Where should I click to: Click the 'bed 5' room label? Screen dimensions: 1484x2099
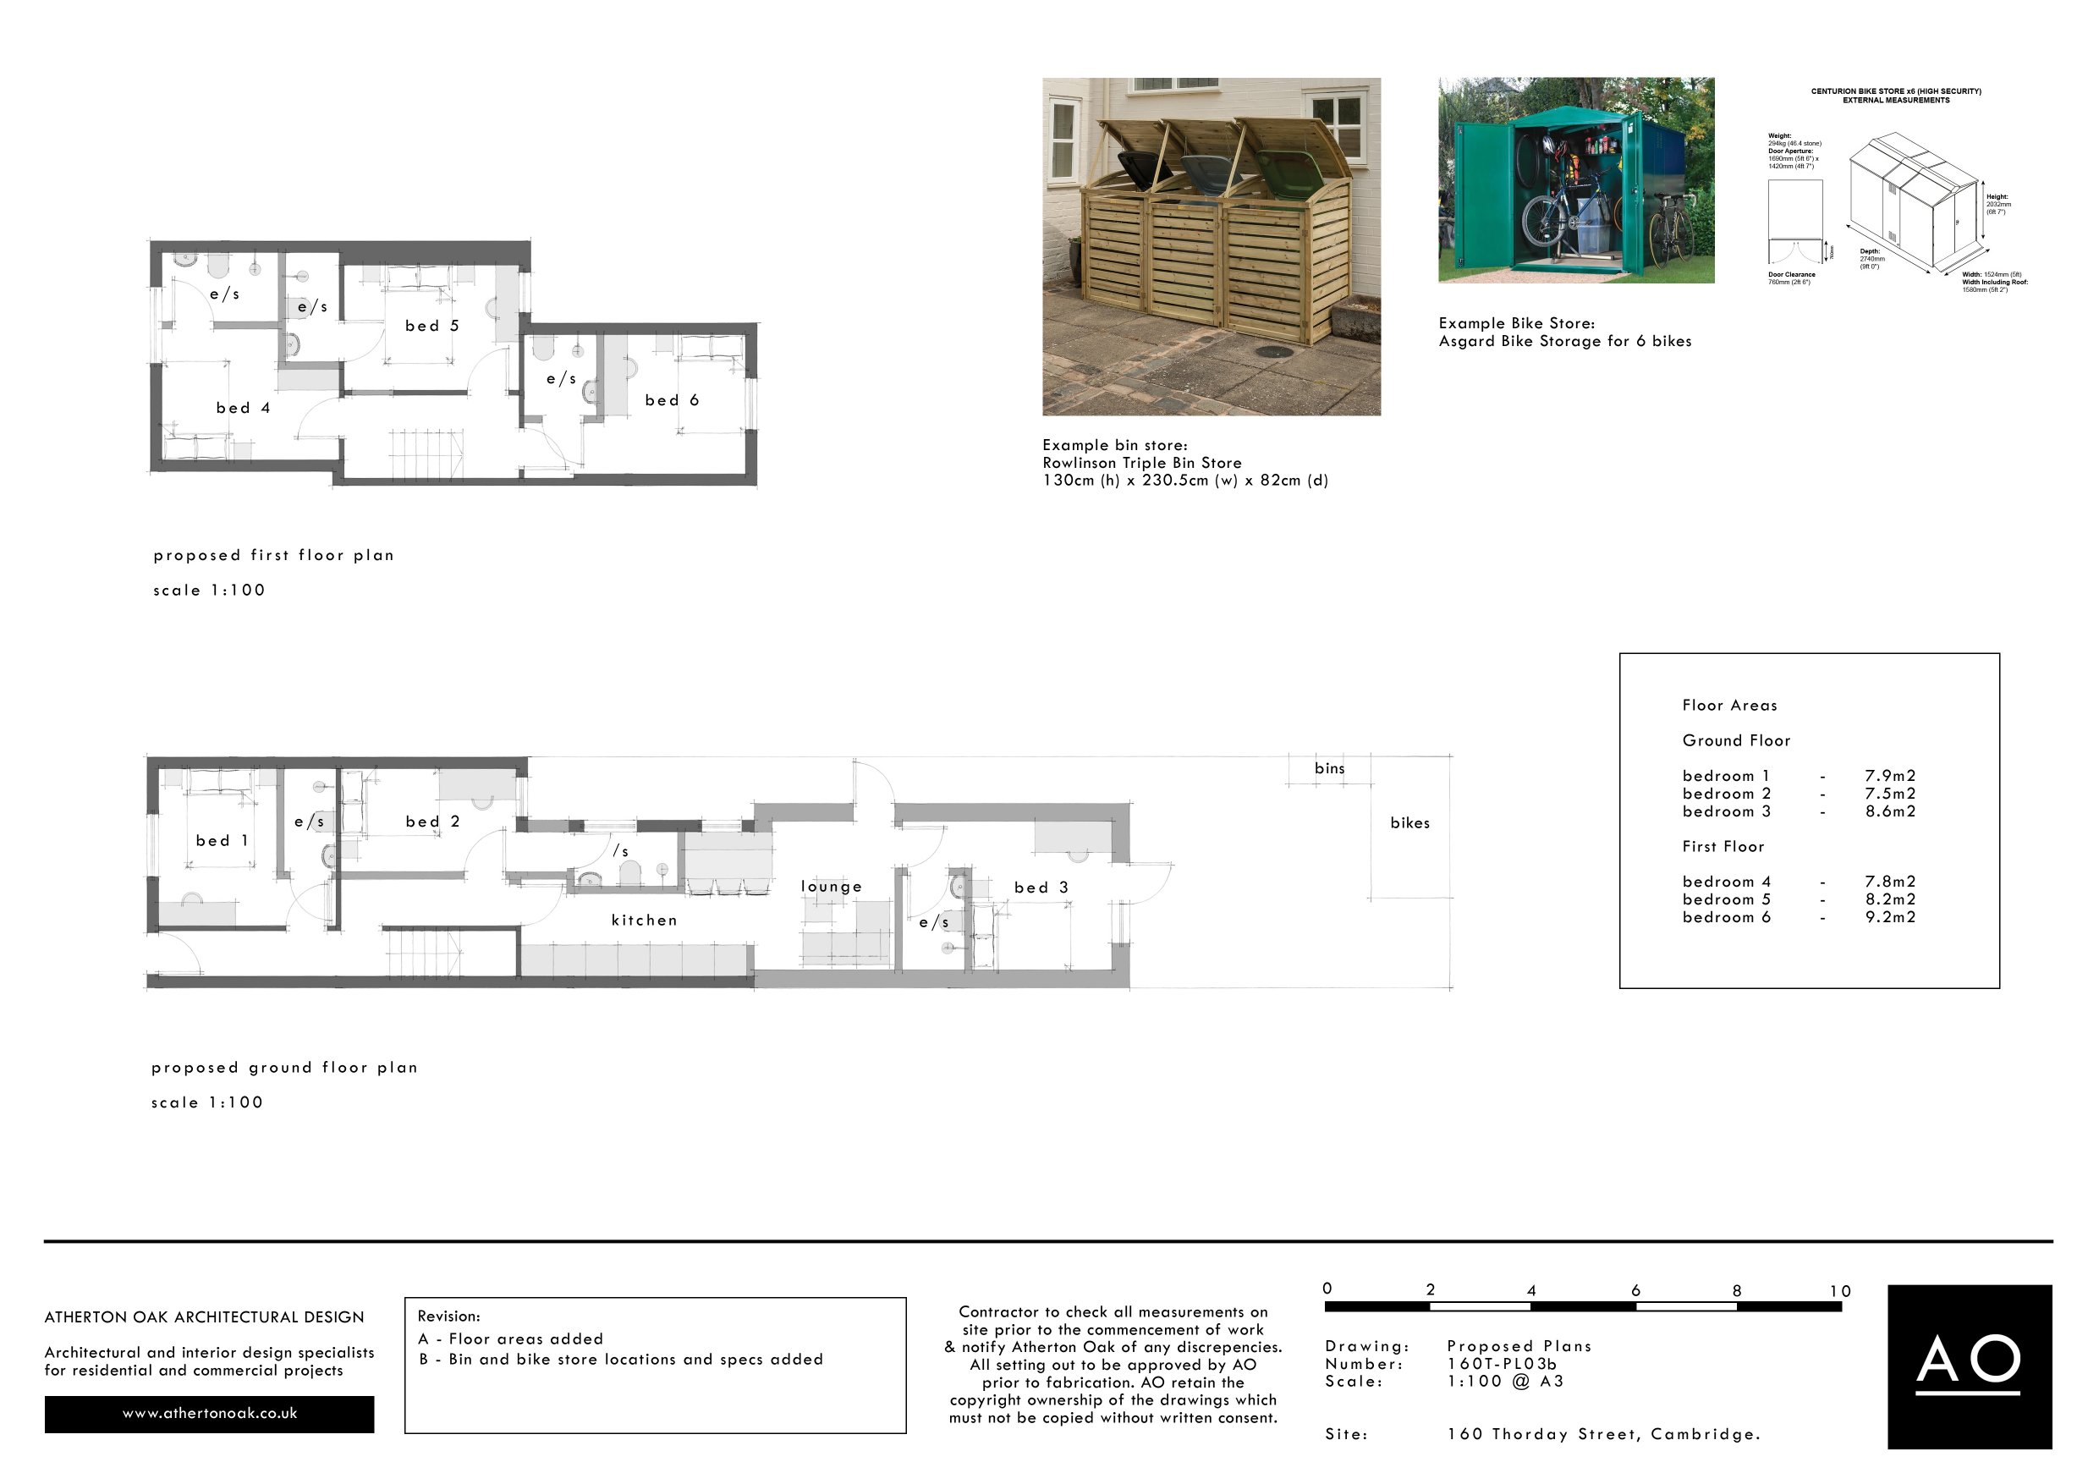[431, 327]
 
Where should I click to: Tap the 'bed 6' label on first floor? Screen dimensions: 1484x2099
[672, 400]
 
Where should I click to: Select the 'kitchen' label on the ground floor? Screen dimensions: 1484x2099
[645, 921]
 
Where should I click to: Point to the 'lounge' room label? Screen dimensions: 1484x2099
[831, 886]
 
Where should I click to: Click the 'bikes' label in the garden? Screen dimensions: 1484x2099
[1409, 823]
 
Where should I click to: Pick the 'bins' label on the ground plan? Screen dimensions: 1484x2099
[1329, 768]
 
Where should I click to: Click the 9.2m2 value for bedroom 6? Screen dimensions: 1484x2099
[1890, 917]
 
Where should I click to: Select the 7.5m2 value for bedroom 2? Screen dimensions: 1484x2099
[1890, 794]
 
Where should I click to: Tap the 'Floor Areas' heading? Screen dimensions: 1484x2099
[1729, 705]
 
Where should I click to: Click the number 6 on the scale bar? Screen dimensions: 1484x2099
[1635, 1290]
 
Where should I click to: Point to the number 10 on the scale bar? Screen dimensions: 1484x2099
[1840, 1291]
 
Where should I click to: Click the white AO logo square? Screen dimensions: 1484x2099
[1970, 1366]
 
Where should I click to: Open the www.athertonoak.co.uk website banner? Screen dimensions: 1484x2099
[209, 1414]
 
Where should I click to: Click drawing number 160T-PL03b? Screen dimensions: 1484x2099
[1502, 1363]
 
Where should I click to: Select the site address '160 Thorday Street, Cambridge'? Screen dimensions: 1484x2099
[1603, 1434]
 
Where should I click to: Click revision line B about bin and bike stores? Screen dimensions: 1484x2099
[622, 1360]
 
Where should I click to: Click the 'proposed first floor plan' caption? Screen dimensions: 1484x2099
[273, 555]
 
